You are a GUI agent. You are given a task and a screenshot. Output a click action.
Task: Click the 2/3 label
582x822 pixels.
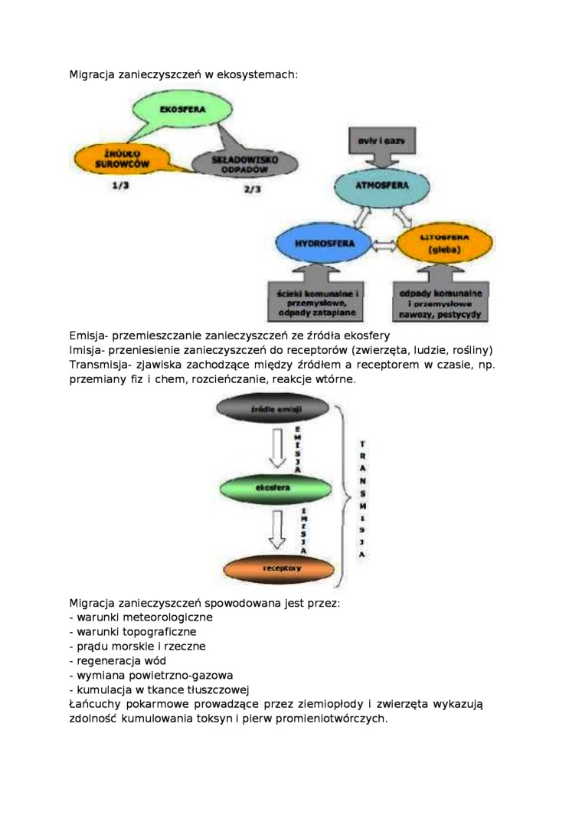pyautogui.click(x=252, y=188)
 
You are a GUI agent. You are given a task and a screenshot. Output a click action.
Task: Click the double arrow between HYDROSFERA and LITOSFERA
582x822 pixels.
pyautogui.click(x=384, y=246)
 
